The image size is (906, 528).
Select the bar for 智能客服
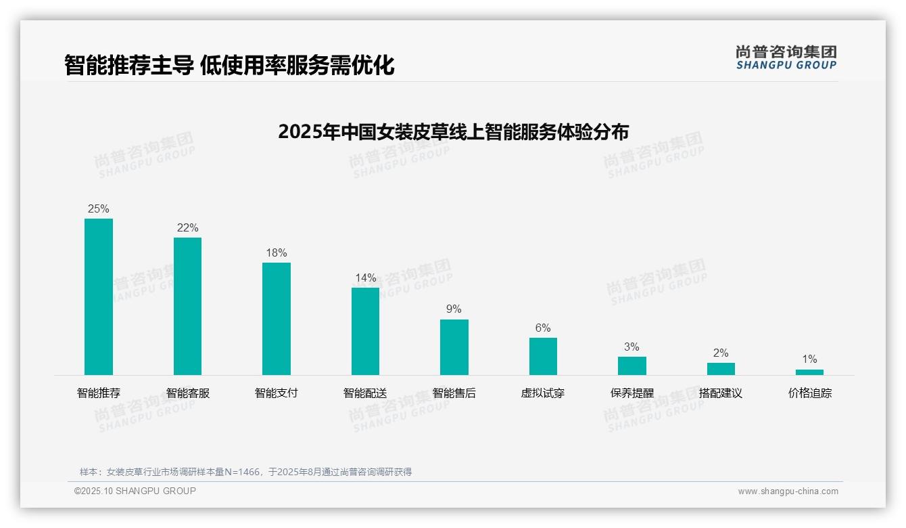(187, 306)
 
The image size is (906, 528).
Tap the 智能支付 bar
(277, 319)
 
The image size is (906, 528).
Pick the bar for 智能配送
(365, 331)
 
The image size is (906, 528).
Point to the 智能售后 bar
(454, 347)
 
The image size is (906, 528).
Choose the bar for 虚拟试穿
(543, 356)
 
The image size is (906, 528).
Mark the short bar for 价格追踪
(809, 372)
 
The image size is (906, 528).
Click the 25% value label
(99, 208)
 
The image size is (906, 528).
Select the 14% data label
(365, 278)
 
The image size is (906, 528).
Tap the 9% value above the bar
(454, 309)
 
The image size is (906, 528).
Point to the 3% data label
(631, 347)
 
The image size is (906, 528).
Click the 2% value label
(721, 353)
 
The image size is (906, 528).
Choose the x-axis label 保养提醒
(631, 393)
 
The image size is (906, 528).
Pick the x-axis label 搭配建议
(721, 393)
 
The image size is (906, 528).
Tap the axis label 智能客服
(187, 393)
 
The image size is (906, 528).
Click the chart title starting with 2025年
(453, 131)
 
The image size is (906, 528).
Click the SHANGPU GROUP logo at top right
(786, 58)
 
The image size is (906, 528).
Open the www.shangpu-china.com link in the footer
(788, 491)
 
